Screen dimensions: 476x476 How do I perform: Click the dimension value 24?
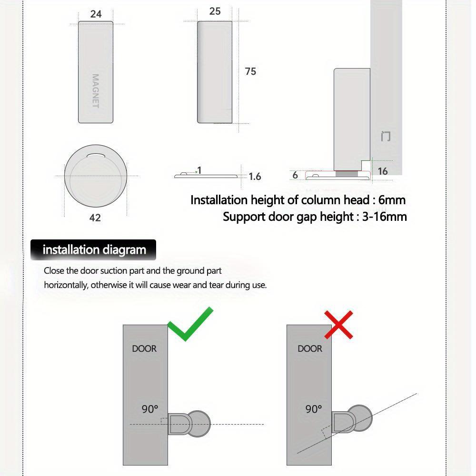pos(96,14)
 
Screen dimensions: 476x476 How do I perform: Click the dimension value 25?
pos(215,11)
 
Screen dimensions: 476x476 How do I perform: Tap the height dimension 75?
pos(250,71)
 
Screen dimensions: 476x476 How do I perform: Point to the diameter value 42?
pos(95,218)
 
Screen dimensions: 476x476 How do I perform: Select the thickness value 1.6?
pos(255,177)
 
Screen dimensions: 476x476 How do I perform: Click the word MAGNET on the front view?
pos(95,91)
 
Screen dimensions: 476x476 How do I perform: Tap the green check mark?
pos(189,325)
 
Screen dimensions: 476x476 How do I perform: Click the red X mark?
pos(338,325)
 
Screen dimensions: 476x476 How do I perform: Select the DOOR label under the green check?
pos(144,348)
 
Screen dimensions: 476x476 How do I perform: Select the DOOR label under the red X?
pos(310,348)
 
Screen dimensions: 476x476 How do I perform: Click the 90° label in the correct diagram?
pos(149,408)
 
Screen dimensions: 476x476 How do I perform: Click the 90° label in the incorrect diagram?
pos(314,408)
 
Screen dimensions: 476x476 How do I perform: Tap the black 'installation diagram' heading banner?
pos(94,250)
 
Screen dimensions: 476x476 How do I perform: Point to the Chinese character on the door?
pos(386,136)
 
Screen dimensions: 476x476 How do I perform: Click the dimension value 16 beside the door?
pos(383,171)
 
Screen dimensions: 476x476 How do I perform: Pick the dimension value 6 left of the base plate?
pos(295,175)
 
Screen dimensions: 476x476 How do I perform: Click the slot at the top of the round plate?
pos(96,154)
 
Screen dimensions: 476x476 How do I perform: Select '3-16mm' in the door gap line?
pos(384,217)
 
